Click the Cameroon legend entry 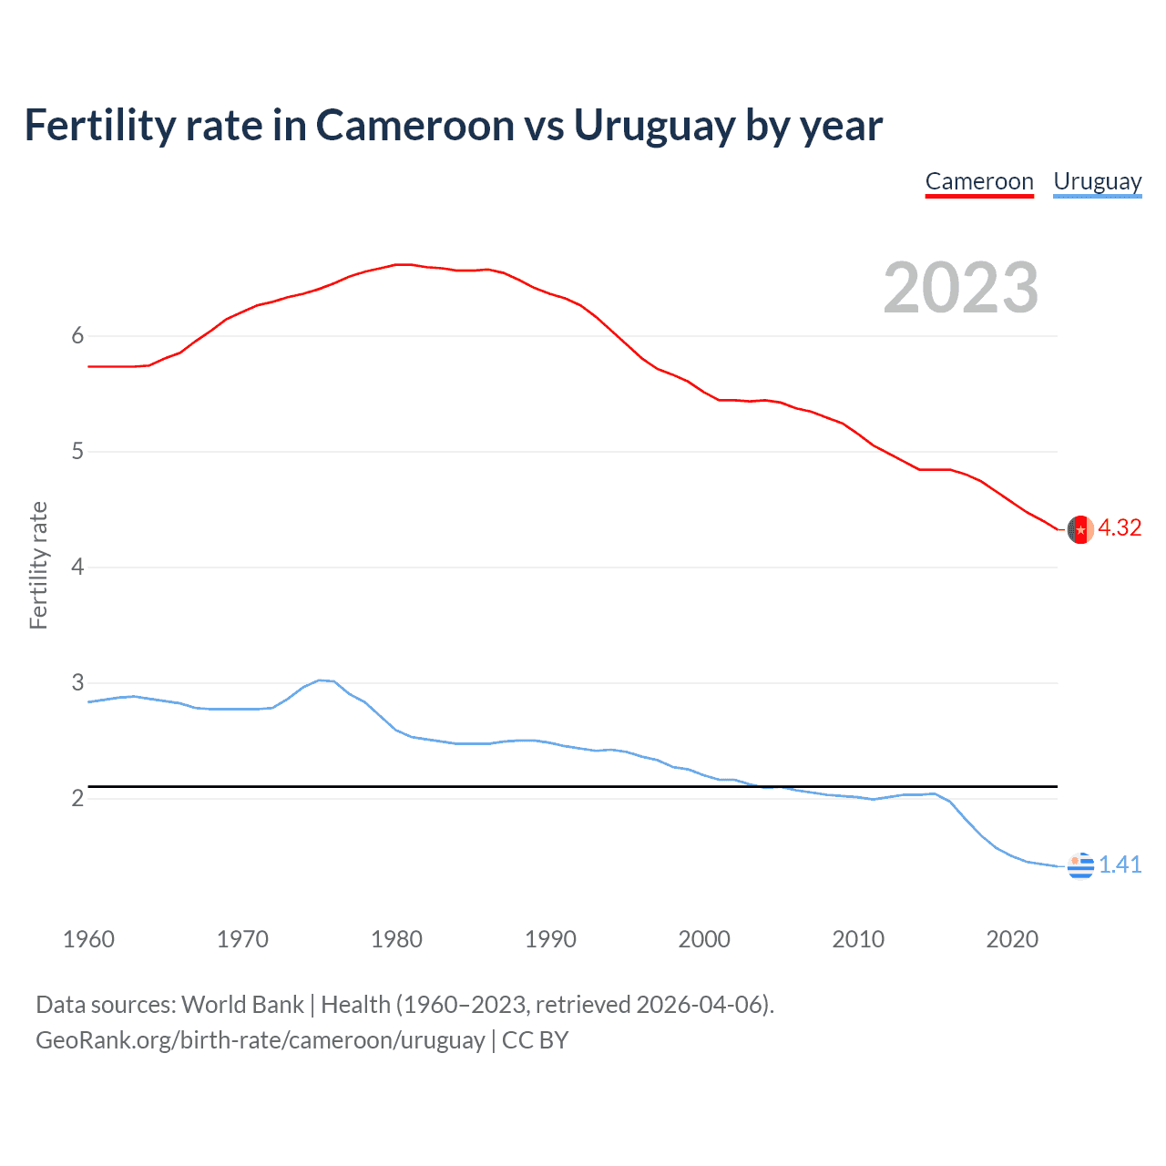[x=979, y=181]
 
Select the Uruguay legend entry [x=1097, y=181]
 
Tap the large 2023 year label [x=960, y=288]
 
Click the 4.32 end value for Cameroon [x=1120, y=528]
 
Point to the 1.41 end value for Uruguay [x=1120, y=865]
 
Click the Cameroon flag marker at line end [x=1080, y=529]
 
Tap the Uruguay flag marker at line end [x=1080, y=865]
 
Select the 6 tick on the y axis [x=77, y=336]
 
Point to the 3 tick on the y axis [x=77, y=683]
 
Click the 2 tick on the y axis [x=77, y=799]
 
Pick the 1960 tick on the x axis [x=88, y=939]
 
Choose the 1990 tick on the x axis [x=550, y=939]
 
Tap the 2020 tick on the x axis [x=1012, y=939]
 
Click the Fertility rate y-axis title [x=38, y=565]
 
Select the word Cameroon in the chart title [x=415, y=126]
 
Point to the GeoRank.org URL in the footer [x=260, y=1040]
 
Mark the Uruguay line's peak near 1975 [x=320, y=680]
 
